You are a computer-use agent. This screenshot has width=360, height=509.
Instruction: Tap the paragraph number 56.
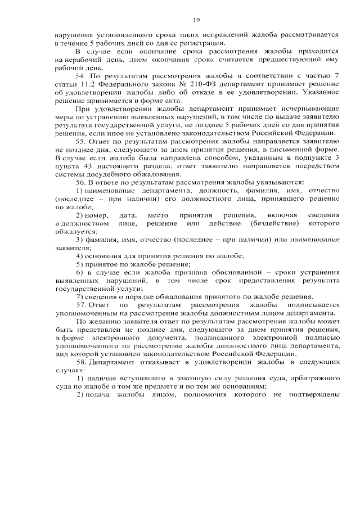tap(80, 182)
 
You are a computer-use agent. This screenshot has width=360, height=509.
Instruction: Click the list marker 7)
tap(80, 296)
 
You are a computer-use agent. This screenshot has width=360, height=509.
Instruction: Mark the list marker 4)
tap(80, 255)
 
